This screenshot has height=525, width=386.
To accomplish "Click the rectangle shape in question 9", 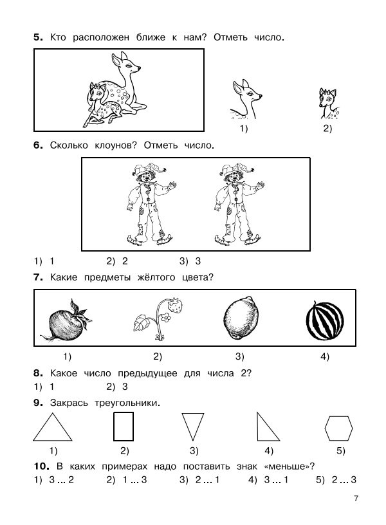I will click(x=123, y=426).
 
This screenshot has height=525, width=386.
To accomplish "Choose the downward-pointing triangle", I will click(x=192, y=425).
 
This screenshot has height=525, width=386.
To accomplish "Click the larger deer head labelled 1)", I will click(x=246, y=100).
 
